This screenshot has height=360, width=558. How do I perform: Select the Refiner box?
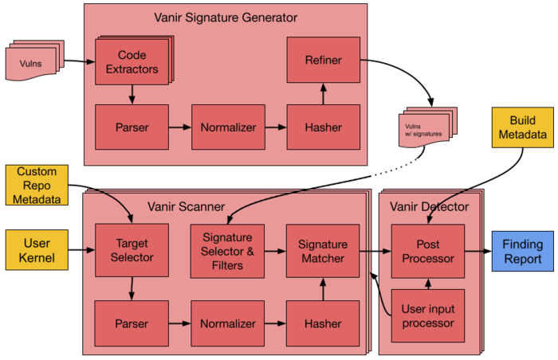click(x=323, y=61)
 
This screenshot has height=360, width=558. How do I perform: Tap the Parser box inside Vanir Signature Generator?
click(x=131, y=127)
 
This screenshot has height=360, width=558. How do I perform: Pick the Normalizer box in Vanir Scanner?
click(x=227, y=324)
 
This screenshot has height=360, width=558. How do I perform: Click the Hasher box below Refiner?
click(x=323, y=127)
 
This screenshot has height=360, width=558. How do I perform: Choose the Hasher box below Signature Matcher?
click(x=323, y=324)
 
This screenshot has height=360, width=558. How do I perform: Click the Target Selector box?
click(x=131, y=251)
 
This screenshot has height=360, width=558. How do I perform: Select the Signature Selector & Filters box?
click(x=227, y=251)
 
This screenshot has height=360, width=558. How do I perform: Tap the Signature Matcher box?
click(x=323, y=251)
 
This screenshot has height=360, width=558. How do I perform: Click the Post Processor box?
click(x=428, y=251)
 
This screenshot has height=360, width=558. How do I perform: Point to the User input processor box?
click(x=428, y=315)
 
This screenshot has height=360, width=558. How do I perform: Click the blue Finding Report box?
click(x=522, y=251)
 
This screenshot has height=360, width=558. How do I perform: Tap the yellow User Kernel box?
click(x=37, y=251)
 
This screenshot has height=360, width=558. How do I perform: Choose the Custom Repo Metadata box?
click(x=37, y=185)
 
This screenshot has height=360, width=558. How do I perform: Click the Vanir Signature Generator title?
click(x=226, y=18)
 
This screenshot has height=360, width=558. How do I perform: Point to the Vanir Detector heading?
click(x=429, y=207)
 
